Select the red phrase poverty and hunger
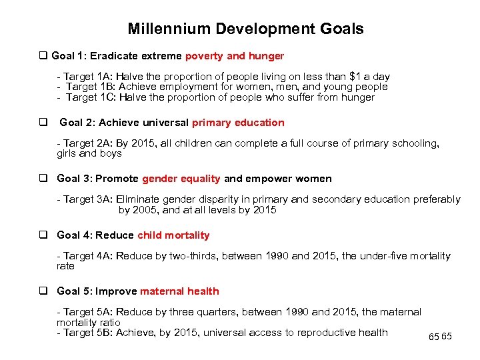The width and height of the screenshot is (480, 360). click(x=235, y=56)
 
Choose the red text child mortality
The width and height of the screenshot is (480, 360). click(x=173, y=235)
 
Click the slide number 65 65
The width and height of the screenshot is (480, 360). click(x=440, y=337)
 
